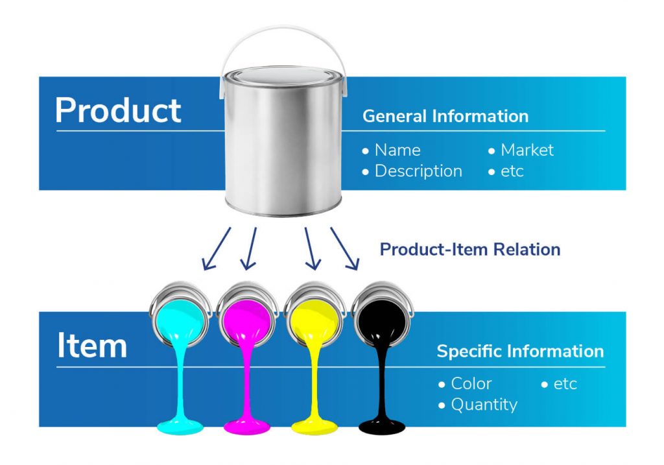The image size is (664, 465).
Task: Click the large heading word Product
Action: pos(118,110)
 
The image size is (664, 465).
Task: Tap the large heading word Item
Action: pos(92,345)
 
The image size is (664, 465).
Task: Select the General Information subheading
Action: pos(445,116)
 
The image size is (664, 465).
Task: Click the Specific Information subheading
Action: pos(521,351)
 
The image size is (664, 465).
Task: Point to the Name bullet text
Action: pos(397,150)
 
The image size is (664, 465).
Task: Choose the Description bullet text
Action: pos(418,171)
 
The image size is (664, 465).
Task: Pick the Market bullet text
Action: pos(527,150)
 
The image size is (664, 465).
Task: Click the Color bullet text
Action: pos(471,383)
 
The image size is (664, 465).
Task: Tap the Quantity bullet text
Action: pos(484,405)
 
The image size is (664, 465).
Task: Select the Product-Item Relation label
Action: pos(470,250)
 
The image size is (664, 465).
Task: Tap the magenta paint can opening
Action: pos(247,320)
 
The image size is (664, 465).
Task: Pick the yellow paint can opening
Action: pos(314,320)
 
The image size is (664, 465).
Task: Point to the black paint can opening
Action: pos(382,320)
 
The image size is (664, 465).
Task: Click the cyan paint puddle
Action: pos(180,426)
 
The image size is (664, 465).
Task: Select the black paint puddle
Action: pos(382,426)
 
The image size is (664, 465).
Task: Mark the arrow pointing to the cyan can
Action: pos(217,248)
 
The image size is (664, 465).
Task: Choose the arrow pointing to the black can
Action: pos(345,248)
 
